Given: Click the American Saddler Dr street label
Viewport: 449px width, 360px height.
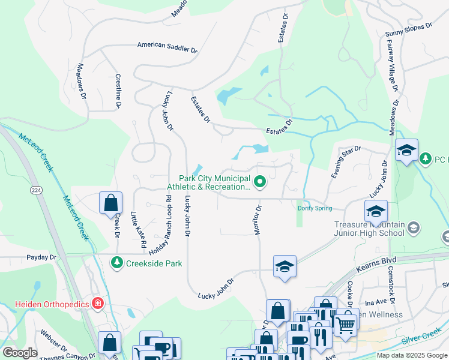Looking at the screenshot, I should (x=167, y=46).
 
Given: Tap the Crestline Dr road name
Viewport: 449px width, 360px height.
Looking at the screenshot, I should (x=118, y=92).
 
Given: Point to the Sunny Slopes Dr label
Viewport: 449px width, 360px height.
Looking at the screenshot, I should (x=408, y=27).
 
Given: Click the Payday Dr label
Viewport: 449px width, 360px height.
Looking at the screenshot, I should (x=41, y=257).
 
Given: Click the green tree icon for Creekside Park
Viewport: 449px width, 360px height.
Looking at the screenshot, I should (x=116, y=262).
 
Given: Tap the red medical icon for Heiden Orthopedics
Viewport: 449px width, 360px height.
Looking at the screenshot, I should (x=97, y=304).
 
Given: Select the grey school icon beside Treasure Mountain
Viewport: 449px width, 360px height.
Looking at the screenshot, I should (x=414, y=227).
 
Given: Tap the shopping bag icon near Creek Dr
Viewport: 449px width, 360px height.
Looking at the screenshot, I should (x=111, y=203).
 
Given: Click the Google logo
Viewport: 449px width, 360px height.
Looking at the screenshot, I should (x=20, y=353).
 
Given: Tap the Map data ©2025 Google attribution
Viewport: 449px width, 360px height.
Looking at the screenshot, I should (x=411, y=355).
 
